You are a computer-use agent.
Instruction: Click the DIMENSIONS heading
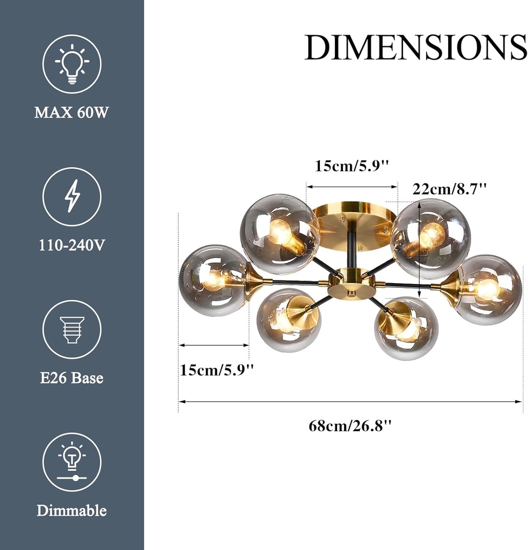[x=415, y=47]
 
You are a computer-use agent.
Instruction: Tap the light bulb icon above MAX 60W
[x=72, y=64]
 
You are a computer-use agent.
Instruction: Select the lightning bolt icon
[x=72, y=196]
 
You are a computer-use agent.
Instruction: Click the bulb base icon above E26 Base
[x=72, y=329]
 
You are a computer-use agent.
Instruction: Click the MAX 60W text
[x=72, y=113]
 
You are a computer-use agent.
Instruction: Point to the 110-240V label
[x=72, y=245]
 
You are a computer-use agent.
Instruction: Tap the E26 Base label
[x=72, y=378]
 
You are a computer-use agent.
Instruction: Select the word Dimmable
[x=72, y=510]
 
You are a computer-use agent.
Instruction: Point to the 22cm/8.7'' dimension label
[x=450, y=189]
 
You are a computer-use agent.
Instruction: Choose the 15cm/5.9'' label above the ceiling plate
[x=351, y=165]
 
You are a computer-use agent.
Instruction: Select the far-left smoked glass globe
[x=212, y=280]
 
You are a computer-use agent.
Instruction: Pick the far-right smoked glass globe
[x=489, y=290]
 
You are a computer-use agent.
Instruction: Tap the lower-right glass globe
[x=406, y=329]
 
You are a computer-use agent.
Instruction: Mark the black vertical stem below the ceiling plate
[x=351, y=252]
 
